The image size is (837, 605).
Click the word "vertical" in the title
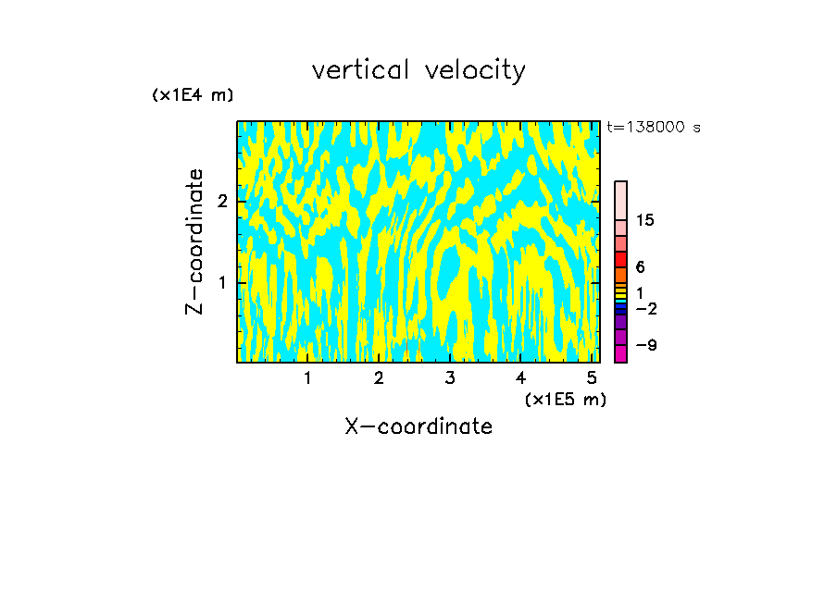click(x=360, y=70)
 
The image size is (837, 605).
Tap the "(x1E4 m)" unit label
click(x=193, y=95)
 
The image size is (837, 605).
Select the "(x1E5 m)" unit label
click(x=565, y=399)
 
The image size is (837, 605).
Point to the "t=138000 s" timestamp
click(x=653, y=127)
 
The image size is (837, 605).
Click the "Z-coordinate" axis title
click(x=195, y=241)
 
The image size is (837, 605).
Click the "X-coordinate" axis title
click(x=418, y=426)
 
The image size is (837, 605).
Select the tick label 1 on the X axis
click(x=307, y=378)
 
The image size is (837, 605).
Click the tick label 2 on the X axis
click(x=379, y=378)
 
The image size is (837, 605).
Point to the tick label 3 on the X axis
click(x=450, y=378)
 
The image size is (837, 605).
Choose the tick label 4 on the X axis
click(x=520, y=378)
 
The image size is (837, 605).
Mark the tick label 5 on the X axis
click(x=592, y=378)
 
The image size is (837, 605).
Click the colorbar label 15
click(x=645, y=220)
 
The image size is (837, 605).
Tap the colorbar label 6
click(x=641, y=266)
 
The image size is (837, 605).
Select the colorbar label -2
click(x=645, y=308)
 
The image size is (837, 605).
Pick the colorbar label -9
click(x=645, y=345)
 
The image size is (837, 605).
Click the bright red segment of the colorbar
click(x=620, y=259)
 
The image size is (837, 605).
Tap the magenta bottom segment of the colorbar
click(x=620, y=353)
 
